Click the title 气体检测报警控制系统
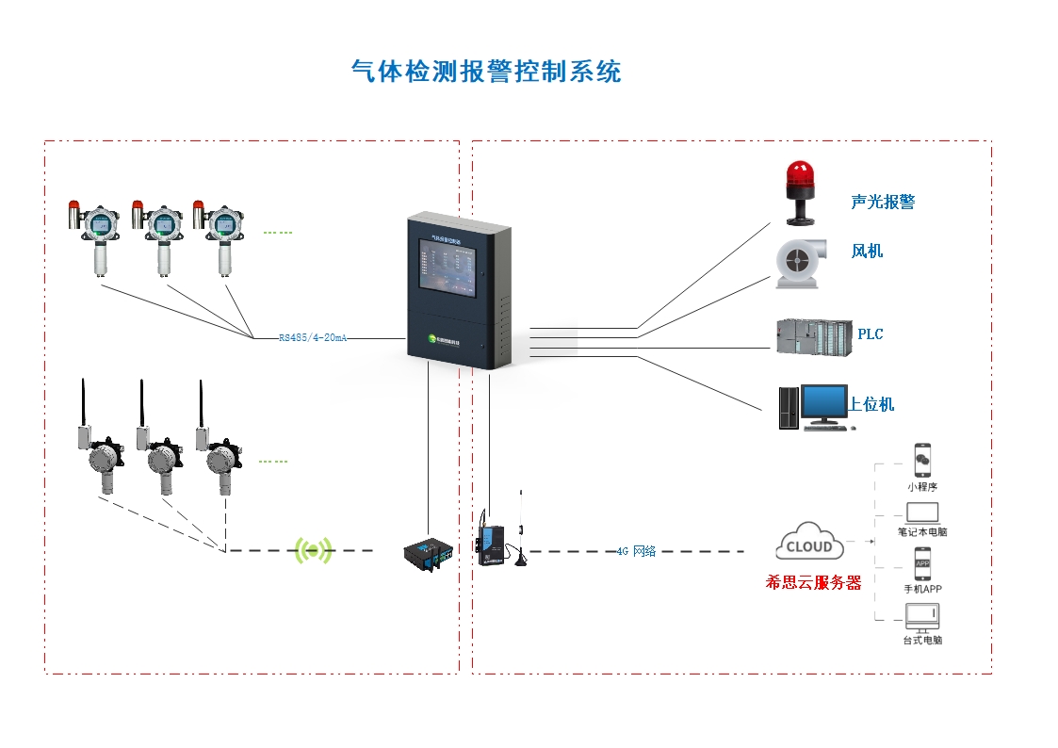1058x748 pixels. pos(485,72)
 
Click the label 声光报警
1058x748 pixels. pos(882,202)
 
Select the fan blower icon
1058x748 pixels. pos(800,263)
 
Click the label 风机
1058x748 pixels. pos(867,252)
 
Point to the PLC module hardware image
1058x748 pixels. pos(814,336)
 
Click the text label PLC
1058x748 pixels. pos(870,334)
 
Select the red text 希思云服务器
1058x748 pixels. pos(813,583)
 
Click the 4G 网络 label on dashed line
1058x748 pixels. pos(636,551)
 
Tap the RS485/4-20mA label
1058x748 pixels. pos(313,337)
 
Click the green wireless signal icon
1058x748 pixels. pos(314,550)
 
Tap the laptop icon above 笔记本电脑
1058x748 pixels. pos(922,513)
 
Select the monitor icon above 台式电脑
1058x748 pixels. pos(922,617)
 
